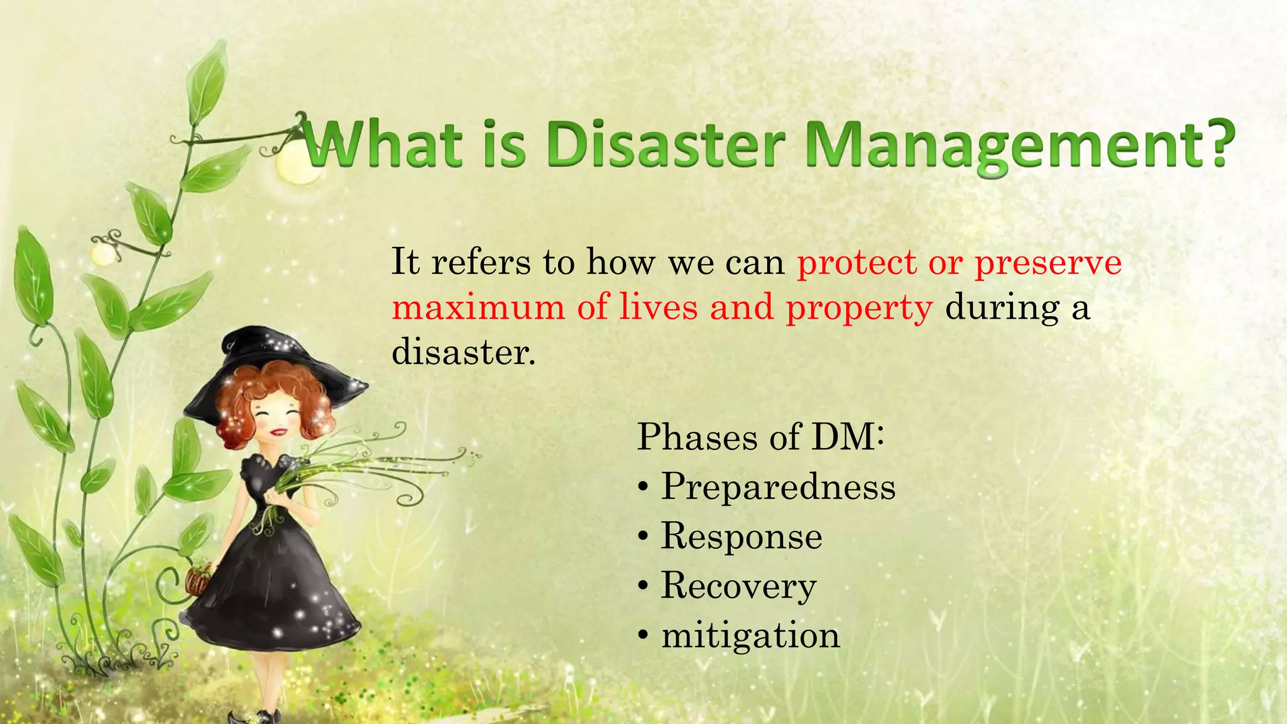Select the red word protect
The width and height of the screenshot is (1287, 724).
(x=857, y=262)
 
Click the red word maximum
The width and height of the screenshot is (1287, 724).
(x=478, y=307)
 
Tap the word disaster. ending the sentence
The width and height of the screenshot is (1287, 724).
(x=464, y=352)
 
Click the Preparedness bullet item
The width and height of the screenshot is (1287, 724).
(x=778, y=488)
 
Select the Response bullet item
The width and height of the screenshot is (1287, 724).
(x=742, y=537)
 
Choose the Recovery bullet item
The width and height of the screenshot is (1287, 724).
(x=738, y=586)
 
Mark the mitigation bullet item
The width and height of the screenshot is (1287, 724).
(x=750, y=635)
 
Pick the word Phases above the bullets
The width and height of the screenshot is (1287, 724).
(x=697, y=437)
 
